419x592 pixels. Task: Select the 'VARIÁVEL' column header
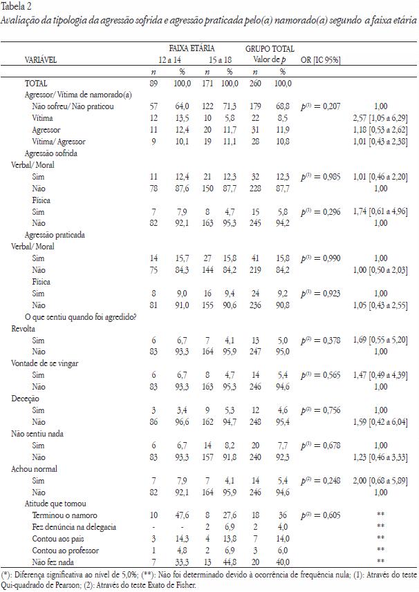point(41,60)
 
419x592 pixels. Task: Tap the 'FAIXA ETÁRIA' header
point(192,50)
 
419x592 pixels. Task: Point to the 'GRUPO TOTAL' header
point(269,50)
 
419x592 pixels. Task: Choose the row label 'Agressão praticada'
point(55,235)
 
